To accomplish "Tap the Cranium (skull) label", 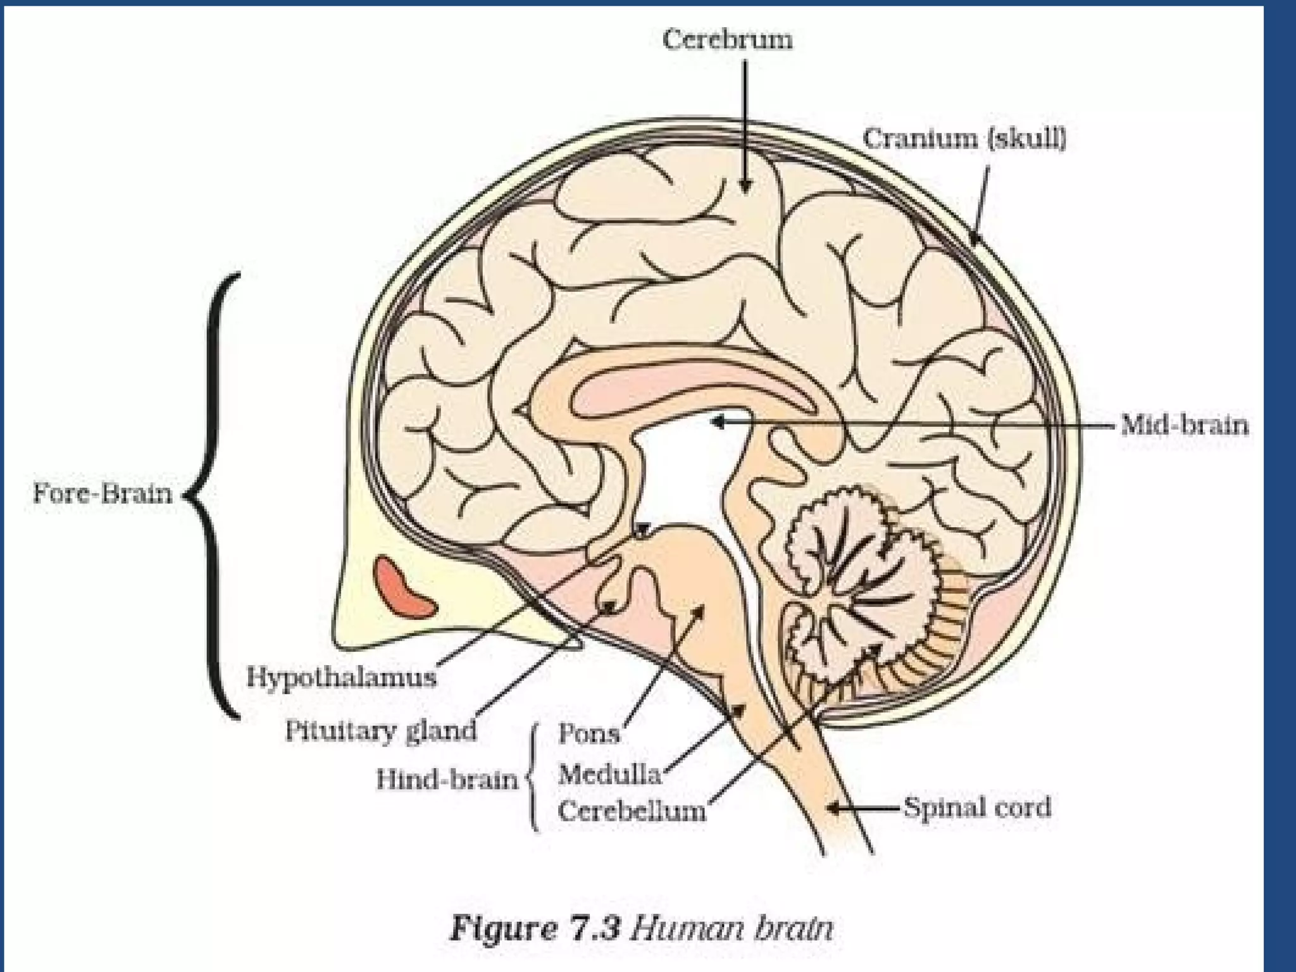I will [x=965, y=138].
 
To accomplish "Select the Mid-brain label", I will [x=1185, y=425].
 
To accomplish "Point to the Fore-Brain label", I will [x=103, y=492].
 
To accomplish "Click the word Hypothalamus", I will [x=342, y=678].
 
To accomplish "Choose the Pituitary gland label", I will [x=380, y=730].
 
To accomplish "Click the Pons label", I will [x=589, y=733].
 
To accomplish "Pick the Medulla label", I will [x=609, y=774].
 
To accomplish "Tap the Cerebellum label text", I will [x=632, y=811].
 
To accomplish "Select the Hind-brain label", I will [x=447, y=779].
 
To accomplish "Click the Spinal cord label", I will [x=977, y=807].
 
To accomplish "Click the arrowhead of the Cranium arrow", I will [x=974, y=239].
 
